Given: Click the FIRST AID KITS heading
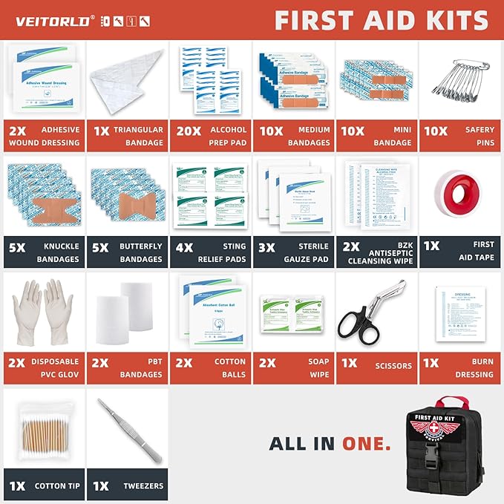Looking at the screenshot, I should tap(381, 20).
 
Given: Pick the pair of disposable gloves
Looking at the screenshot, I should tap(42, 312).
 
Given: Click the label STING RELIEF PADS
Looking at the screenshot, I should tap(223, 252).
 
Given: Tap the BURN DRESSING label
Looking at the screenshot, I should tap(474, 368).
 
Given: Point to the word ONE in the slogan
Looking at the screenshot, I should tap(366, 444).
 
